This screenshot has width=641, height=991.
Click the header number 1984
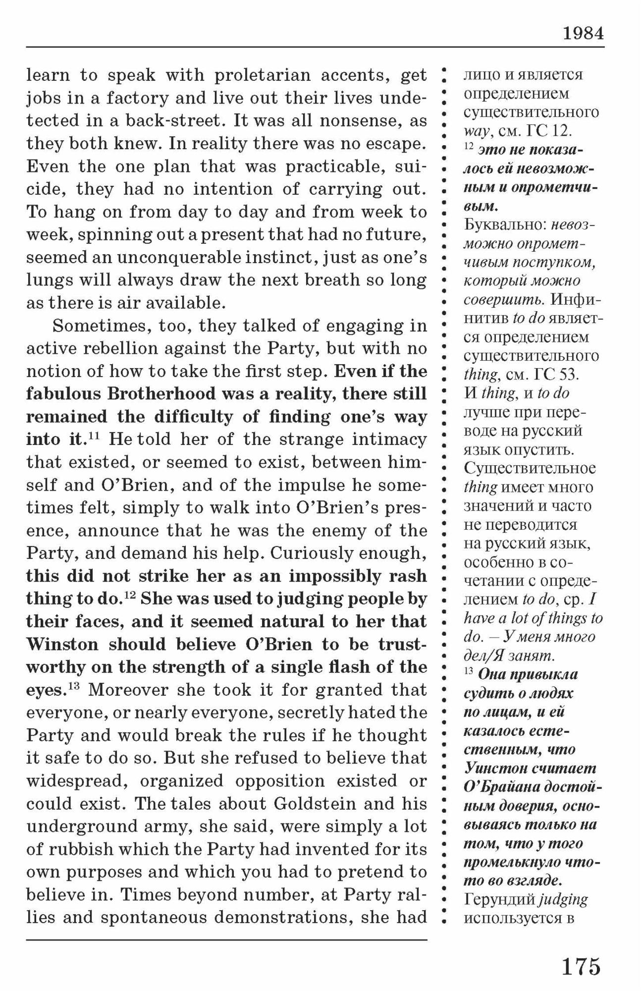583,34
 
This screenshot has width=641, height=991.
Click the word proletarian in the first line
261,75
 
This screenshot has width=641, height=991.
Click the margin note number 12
469,148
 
